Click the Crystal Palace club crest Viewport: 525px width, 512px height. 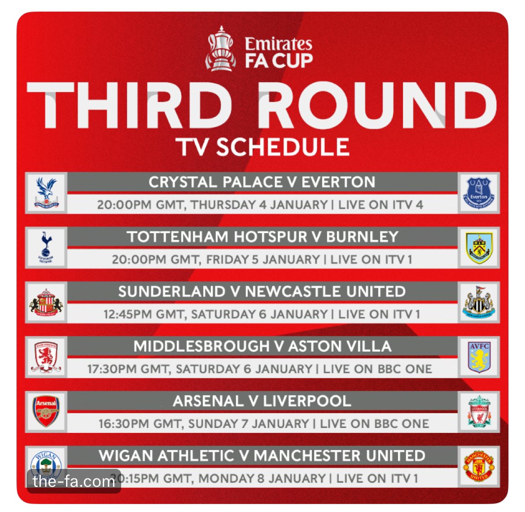click(x=46, y=193)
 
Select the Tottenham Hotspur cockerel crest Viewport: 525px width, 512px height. click(x=46, y=247)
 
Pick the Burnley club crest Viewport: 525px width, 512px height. click(x=479, y=248)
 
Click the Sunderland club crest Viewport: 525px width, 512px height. click(x=46, y=302)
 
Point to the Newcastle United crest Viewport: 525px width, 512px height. click(x=479, y=302)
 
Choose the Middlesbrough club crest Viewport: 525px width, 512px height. click(x=46, y=357)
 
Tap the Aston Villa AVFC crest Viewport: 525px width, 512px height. click(x=479, y=357)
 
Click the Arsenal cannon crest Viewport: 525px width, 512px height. click(x=46, y=411)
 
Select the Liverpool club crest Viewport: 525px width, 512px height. click(x=479, y=411)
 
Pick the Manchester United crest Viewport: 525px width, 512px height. click(x=479, y=466)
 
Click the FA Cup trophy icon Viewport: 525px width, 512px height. click(x=221, y=48)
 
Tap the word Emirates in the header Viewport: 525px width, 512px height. click(x=278, y=44)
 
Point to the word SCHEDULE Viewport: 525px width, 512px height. click(x=283, y=147)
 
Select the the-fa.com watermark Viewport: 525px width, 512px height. click(x=74, y=481)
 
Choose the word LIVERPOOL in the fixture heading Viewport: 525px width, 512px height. click(x=307, y=401)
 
